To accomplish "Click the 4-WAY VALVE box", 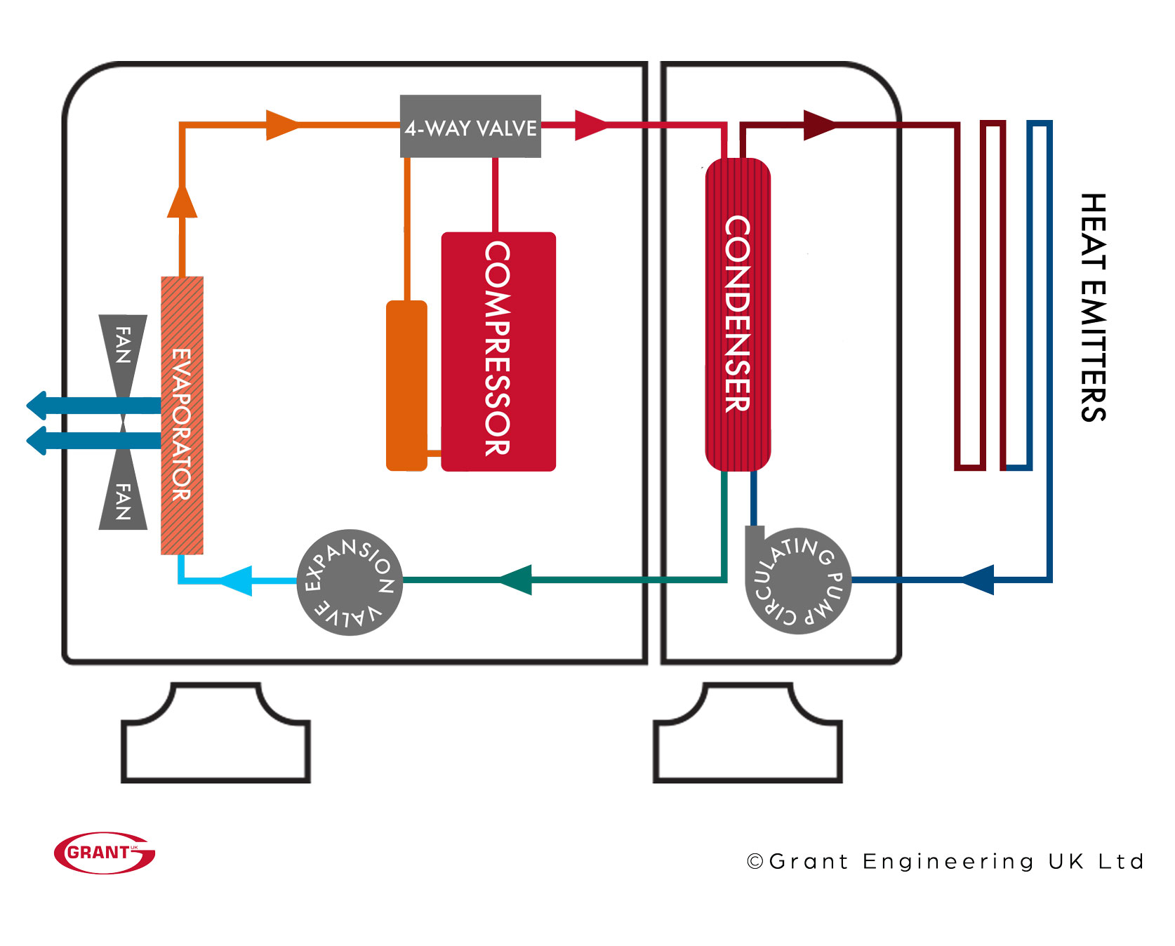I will click(x=470, y=126).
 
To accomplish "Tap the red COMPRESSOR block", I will click(x=498, y=351).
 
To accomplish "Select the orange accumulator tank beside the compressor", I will click(x=406, y=385).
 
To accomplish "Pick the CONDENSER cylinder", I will click(x=738, y=314).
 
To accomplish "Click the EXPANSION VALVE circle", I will click(x=350, y=582).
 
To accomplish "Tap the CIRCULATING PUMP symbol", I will click(x=798, y=581).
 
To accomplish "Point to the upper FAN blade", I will click(x=123, y=347).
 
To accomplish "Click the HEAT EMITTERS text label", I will click(x=1093, y=307).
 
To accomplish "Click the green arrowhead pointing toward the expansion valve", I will click(x=515, y=580).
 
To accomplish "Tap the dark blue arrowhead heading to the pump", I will click(x=977, y=580).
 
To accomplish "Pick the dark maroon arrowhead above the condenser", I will click(x=819, y=125).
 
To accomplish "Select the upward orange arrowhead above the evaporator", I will click(x=182, y=201).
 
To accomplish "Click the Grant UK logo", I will click(x=105, y=853).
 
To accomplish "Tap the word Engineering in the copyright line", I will click(x=948, y=862).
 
